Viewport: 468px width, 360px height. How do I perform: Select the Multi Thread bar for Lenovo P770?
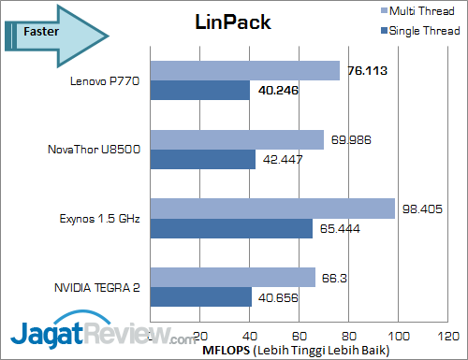(244, 71)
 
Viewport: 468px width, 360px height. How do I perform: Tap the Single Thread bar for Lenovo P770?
(199, 91)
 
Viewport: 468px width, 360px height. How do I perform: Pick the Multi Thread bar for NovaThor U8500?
(237, 140)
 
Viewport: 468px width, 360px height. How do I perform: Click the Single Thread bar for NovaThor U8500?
(202, 160)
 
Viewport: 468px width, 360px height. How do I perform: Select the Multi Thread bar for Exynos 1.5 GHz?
(272, 209)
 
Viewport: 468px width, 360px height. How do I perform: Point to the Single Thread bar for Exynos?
(231, 228)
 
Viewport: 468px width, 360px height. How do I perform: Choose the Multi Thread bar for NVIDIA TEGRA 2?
(232, 277)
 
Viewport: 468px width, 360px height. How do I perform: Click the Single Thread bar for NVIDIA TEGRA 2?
(200, 297)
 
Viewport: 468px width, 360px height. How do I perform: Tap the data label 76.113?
(368, 71)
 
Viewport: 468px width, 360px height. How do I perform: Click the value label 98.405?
(422, 209)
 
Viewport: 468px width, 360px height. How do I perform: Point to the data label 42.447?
(284, 160)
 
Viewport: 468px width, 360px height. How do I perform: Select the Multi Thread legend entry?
(423, 11)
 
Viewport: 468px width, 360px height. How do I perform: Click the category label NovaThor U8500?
(95, 150)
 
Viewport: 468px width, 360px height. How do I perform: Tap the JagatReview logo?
(89, 332)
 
